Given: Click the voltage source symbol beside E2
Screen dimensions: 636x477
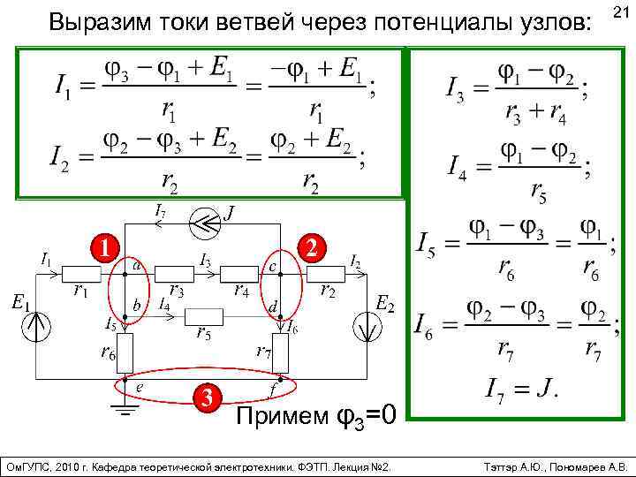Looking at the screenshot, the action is click(365, 326).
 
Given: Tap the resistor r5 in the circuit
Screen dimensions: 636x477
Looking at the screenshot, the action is click(204, 315).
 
